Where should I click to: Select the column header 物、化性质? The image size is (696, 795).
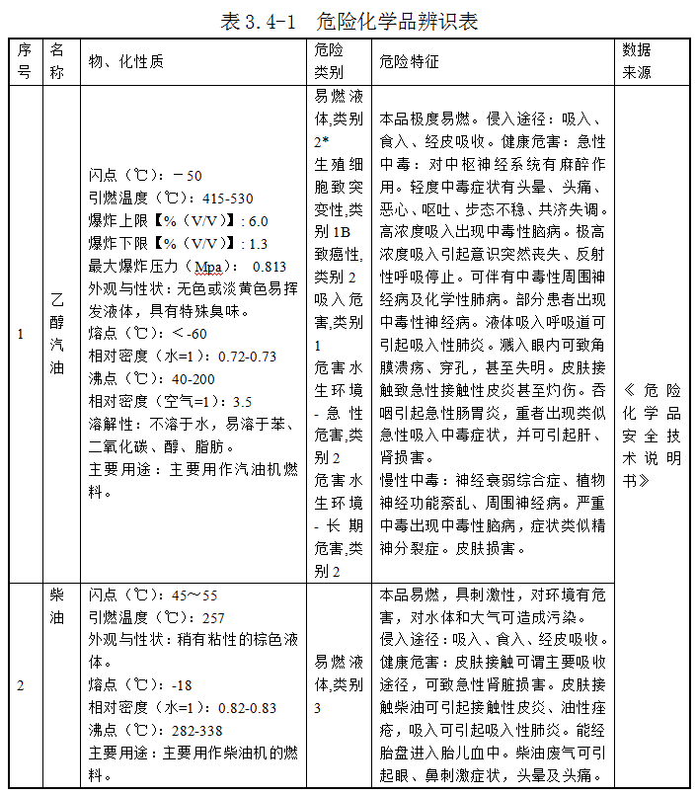coord(125,62)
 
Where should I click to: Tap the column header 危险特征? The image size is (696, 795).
coord(409,62)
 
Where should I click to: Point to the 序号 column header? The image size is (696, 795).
coord(24,61)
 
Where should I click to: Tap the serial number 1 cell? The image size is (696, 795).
coord(21,334)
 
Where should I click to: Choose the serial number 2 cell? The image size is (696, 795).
coord(21,685)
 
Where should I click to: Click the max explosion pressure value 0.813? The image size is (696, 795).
coord(270,267)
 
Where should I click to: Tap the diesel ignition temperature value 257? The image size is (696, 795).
coord(213,617)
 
